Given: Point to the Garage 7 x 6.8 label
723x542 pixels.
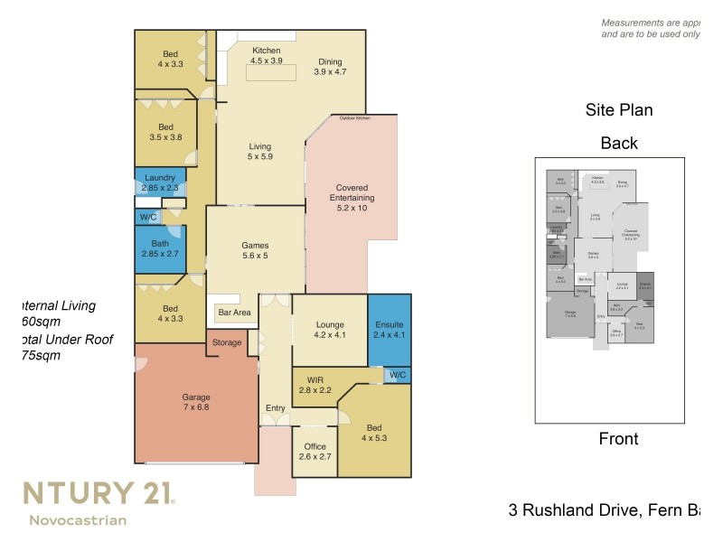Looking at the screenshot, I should pos(196,403).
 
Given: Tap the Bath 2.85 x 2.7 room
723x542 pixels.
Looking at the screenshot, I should pos(160,249).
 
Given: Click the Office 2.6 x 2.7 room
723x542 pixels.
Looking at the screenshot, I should pos(315,452).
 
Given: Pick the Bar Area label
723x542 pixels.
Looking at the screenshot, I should pos(232,313).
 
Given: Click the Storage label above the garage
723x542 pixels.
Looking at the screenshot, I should pos(227,343).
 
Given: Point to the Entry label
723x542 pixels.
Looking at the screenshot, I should pos(275,408).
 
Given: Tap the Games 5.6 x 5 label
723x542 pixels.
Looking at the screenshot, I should pos(255,250).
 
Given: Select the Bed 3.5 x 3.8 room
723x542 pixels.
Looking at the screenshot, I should pos(165,133).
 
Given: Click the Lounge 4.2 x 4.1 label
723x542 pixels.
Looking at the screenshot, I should pos(329,329).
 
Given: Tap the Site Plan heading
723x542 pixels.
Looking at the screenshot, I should pos(619,111).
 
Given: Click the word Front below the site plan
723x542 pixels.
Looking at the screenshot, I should pos(618,439).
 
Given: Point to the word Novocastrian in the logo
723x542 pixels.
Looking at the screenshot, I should pos(78,520).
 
